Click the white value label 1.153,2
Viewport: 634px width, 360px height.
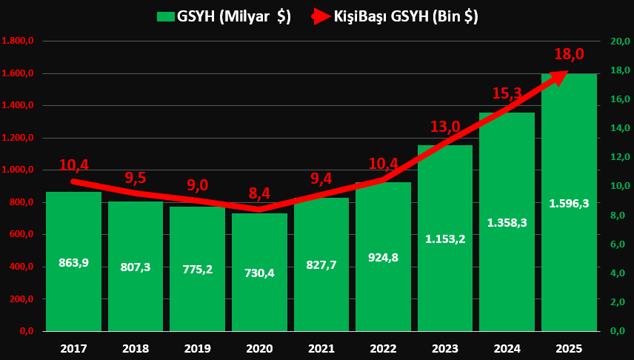tap(445, 239)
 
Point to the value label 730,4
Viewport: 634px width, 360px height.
tap(259, 273)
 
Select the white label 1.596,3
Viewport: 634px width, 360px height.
tap(569, 203)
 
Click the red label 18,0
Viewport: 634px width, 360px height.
tap(569, 54)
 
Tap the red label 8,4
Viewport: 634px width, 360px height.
tap(259, 194)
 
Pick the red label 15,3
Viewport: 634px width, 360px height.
tap(507, 93)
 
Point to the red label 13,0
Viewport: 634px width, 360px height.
tap(445, 127)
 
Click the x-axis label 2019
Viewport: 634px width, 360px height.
tap(197, 348)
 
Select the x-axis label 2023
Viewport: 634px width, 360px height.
tap(445, 348)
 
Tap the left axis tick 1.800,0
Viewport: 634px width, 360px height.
tap(19, 41)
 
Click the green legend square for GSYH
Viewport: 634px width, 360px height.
tap(165, 16)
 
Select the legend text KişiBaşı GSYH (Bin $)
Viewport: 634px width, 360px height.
tap(405, 16)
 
